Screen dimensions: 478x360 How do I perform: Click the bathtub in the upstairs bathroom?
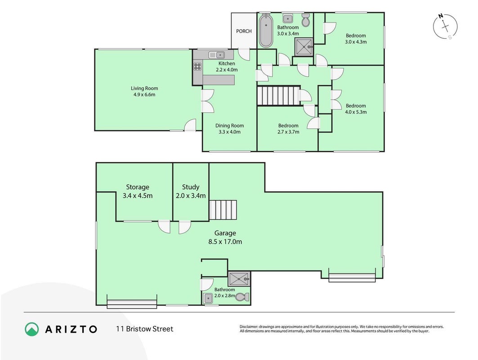(x=266, y=31)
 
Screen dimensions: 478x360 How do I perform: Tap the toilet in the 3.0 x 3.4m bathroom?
(x=306, y=20)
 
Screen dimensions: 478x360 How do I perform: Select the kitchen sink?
(x=217, y=55)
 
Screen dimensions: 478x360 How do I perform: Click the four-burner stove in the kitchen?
(x=197, y=66)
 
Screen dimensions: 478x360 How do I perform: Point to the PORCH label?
(x=244, y=31)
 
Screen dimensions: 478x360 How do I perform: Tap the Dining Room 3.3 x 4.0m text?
(x=229, y=129)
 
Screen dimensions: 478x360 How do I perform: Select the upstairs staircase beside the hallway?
(x=278, y=96)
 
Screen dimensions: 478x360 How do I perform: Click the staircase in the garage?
(x=223, y=210)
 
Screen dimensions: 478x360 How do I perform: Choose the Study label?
(x=191, y=187)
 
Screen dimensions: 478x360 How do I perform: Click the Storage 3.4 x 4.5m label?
(x=138, y=191)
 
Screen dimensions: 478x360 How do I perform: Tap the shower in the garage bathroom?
(x=239, y=279)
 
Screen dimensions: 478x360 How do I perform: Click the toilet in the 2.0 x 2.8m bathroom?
(x=243, y=297)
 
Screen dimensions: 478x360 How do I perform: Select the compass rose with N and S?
(x=445, y=27)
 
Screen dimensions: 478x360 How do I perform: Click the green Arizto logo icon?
(x=32, y=329)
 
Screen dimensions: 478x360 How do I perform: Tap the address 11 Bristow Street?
(x=144, y=329)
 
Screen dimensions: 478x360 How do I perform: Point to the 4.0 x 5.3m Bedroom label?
(x=356, y=109)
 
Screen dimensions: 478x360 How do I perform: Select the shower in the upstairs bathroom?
(x=304, y=47)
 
